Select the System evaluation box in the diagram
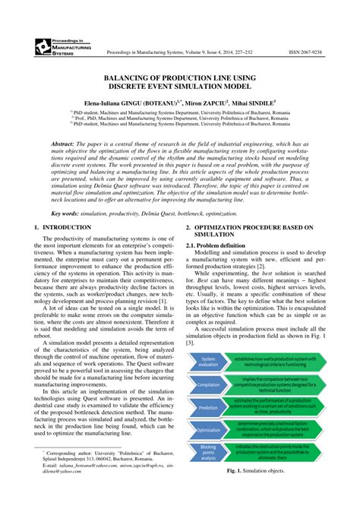point(208,362)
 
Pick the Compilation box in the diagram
point(208,385)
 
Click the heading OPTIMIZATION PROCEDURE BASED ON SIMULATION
point(258,231)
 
